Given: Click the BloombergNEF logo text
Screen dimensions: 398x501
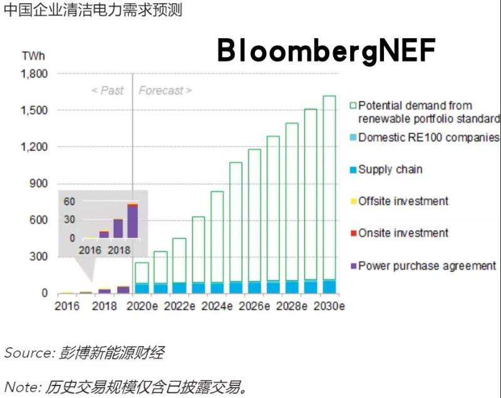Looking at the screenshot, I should tap(326, 50).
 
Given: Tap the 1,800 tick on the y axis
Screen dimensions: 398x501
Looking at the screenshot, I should tap(34, 74).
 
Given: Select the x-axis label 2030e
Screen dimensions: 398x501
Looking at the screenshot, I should tap(329, 306).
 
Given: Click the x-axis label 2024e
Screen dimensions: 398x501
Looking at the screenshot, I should tap(217, 306).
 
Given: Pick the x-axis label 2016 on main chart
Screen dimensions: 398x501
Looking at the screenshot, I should tap(67, 306).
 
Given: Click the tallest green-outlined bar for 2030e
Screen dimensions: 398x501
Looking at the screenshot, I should tap(329, 188).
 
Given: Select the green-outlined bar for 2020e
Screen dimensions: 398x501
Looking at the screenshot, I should tap(142, 273).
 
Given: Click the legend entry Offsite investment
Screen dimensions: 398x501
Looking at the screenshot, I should tap(403, 201).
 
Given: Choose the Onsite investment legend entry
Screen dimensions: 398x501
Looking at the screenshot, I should tap(403, 233).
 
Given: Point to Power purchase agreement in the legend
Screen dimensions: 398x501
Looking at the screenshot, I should tap(426, 266).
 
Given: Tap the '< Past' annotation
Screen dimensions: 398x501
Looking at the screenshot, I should tap(107, 91).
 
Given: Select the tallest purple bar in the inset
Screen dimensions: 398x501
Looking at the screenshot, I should tap(132, 221).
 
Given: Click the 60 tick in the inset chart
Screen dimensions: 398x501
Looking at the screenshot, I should tap(69, 202).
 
